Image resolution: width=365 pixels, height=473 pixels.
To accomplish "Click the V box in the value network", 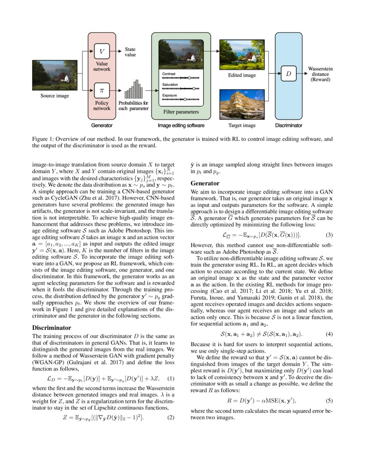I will pos(102,52).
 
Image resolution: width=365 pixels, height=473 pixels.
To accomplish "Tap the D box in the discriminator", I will pos(288,74).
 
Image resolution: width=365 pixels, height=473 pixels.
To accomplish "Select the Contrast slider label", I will pos(168,74).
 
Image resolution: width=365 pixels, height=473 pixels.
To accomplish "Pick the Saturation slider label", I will pos(170,85).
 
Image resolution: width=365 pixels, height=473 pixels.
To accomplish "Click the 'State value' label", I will pos(130,52).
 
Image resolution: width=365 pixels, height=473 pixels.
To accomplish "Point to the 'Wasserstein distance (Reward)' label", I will pos(320,74).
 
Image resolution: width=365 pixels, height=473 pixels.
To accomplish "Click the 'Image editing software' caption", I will pos(181,126).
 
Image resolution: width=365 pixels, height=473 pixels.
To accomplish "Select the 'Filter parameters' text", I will pos(181,112).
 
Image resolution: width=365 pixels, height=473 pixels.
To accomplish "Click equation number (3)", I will pos(328,235).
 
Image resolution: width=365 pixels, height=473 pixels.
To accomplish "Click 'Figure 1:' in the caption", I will pos(43,139).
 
